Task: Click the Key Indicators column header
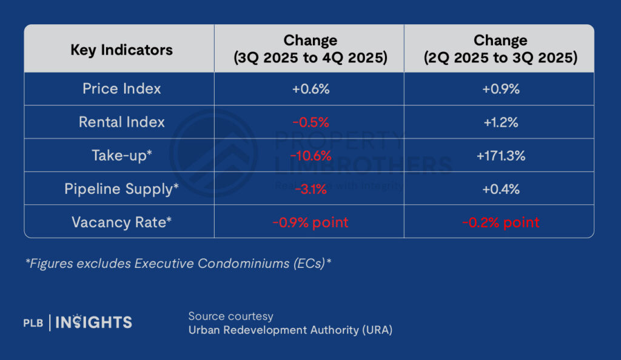121,50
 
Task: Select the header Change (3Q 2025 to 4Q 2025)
310,50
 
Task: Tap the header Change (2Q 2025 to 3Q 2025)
500,50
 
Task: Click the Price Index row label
121,88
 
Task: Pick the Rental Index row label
121,122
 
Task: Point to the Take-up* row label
121,155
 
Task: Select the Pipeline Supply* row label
121,188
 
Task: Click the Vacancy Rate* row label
121,222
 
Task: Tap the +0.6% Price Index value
310,89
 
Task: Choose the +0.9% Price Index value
500,89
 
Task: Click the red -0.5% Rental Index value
310,122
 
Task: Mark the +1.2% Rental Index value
500,122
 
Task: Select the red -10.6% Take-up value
310,156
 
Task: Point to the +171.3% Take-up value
500,156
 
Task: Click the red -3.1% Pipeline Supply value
310,189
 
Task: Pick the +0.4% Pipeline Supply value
500,189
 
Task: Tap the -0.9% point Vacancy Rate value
310,222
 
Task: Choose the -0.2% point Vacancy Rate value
500,222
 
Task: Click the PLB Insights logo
78,322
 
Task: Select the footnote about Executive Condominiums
178,264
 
